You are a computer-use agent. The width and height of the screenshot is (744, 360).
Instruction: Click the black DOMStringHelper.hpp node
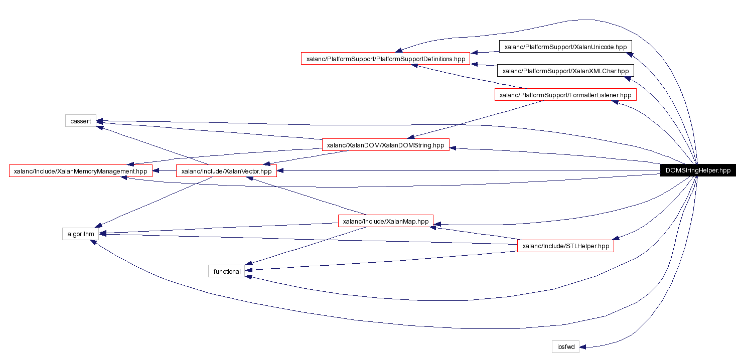click(697, 170)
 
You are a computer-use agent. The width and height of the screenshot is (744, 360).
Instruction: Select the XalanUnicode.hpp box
click(565, 47)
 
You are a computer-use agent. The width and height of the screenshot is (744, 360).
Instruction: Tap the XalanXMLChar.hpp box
click(565, 71)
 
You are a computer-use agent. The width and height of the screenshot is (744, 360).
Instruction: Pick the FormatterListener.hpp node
click(565, 95)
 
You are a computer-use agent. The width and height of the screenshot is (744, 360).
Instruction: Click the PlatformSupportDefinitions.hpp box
click(385, 59)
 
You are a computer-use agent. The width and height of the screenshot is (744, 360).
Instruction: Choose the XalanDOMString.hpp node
click(385, 145)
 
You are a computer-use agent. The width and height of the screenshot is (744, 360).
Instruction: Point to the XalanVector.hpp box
click(226, 171)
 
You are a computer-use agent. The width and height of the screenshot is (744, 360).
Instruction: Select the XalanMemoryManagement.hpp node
click(81, 171)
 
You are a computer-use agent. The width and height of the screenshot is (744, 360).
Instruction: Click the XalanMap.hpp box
click(385, 221)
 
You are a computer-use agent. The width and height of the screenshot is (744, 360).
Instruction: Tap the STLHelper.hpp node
click(565, 246)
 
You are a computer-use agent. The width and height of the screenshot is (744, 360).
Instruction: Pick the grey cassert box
click(80, 121)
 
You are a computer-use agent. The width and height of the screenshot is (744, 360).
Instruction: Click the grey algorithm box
click(80, 234)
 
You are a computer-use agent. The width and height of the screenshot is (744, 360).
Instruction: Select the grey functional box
click(227, 271)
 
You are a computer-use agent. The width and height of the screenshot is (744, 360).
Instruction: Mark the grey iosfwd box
click(565, 346)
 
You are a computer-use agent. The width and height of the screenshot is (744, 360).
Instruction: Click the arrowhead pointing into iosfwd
click(583, 346)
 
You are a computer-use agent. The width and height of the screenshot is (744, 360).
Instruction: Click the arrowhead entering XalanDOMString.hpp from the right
click(454, 147)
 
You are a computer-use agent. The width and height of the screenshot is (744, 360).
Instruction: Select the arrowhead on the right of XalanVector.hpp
click(281, 171)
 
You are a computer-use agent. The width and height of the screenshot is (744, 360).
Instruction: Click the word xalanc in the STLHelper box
click(532, 246)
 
